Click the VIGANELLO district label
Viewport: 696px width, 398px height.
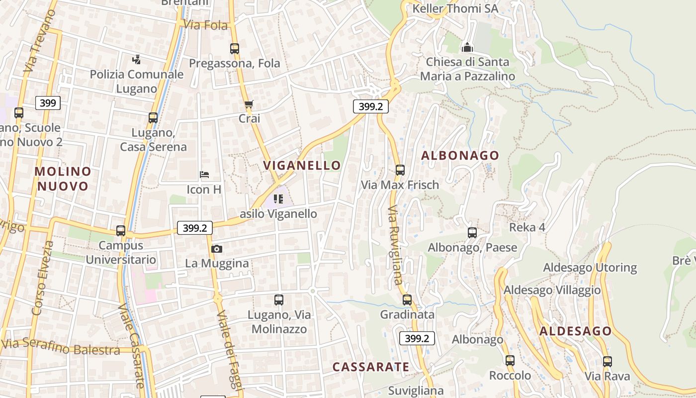click(x=302, y=165)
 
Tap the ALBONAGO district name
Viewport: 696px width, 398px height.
click(x=460, y=155)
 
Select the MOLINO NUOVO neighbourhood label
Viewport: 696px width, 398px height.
click(x=63, y=179)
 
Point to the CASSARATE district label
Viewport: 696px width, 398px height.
click(x=371, y=367)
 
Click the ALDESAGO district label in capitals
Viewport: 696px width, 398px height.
click(x=576, y=331)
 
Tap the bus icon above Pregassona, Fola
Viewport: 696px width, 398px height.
click(x=235, y=49)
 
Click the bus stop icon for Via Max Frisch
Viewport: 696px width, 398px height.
click(x=400, y=170)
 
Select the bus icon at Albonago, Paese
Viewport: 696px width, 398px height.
click(x=472, y=233)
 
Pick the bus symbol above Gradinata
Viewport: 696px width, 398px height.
click(x=407, y=300)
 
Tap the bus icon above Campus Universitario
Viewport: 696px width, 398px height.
click(x=121, y=231)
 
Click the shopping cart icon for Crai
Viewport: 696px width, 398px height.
click(x=249, y=104)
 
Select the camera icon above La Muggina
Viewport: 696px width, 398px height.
click(x=217, y=249)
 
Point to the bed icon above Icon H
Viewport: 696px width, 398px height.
click(x=204, y=175)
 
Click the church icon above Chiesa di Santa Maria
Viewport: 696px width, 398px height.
click(x=467, y=47)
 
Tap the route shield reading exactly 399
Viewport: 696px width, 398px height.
click(x=48, y=103)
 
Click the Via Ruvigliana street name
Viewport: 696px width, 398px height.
click(x=395, y=244)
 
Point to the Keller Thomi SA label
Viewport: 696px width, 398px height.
click(x=455, y=8)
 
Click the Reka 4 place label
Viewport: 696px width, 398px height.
click(x=527, y=227)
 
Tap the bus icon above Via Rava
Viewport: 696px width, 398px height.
click(x=607, y=362)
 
